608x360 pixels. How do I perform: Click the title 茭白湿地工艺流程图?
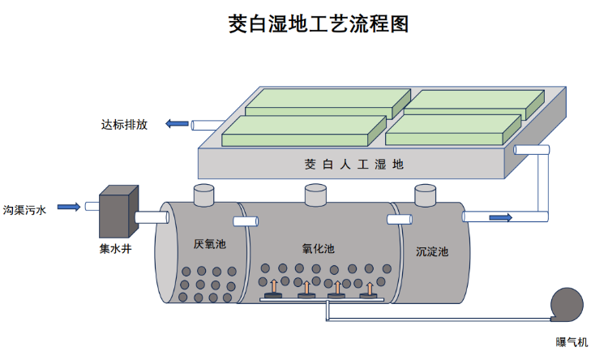click(319, 24)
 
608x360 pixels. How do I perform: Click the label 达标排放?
click(124, 125)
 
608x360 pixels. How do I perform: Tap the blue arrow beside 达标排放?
click(176, 124)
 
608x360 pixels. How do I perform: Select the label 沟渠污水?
click(25, 209)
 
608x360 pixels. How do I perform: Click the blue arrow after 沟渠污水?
click(69, 208)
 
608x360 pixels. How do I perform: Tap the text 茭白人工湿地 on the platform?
click(353, 164)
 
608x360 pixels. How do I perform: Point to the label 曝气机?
click(573, 343)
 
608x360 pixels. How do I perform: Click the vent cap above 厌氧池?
click(203, 195)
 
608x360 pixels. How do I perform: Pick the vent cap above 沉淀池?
click(426, 195)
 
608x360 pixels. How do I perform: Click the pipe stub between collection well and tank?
click(152, 216)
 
